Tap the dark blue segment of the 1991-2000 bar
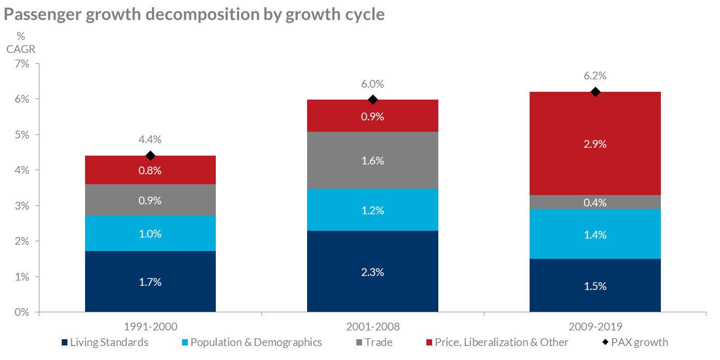pyautogui.click(x=150, y=282)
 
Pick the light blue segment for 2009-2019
pyautogui.click(x=594, y=234)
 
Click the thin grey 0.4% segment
pyautogui.click(x=594, y=202)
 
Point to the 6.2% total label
pyautogui.click(x=594, y=76)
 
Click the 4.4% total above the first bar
pyautogui.click(x=150, y=139)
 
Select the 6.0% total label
pyautogui.click(x=372, y=84)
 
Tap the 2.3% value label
pyautogui.click(x=372, y=272)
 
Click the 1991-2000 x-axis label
pyautogui.click(x=150, y=327)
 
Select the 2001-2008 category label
pyautogui.click(x=372, y=327)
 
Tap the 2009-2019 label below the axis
pyautogui.click(x=594, y=327)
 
